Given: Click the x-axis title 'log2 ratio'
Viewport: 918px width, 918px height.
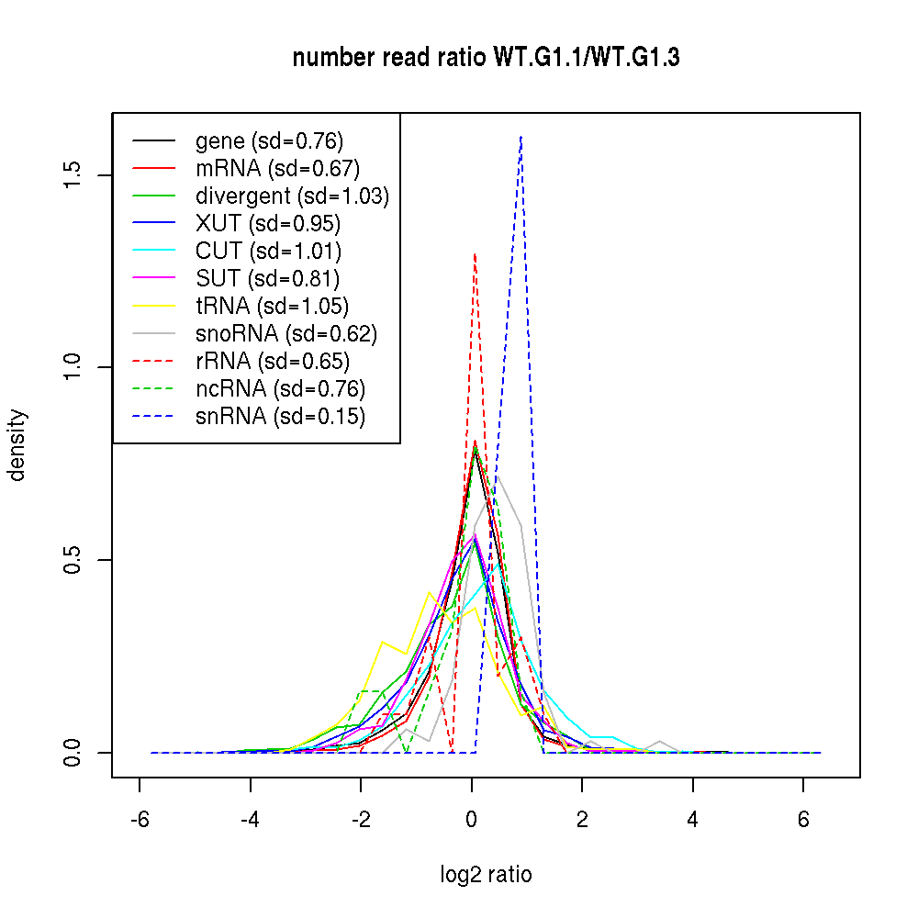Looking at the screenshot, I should click(x=486, y=875).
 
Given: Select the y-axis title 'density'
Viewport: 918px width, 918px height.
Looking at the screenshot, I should click(x=17, y=444).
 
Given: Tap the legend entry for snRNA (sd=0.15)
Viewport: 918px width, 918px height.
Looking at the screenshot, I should click(x=280, y=417).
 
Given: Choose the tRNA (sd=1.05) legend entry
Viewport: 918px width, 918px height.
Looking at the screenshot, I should click(x=272, y=307).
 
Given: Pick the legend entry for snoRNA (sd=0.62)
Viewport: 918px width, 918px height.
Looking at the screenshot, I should click(x=286, y=334).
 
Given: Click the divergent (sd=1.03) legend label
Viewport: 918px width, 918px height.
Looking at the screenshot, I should click(x=292, y=196).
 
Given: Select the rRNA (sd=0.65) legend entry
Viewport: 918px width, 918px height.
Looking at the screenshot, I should click(x=272, y=362).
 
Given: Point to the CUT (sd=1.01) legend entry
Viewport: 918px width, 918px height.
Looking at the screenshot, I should click(x=268, y=252).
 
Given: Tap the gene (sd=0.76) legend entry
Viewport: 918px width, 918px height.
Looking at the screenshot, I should click(x=269, y=141).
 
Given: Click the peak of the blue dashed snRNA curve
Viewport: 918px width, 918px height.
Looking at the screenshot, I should click(x=521, y=136).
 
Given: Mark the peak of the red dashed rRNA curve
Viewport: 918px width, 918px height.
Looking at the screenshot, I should click(x=475, y=253).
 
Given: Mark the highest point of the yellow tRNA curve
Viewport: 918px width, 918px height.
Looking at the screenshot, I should click(x=430, y=593).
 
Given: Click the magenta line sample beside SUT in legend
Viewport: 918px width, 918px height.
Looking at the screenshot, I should click(x=153, y=279).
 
